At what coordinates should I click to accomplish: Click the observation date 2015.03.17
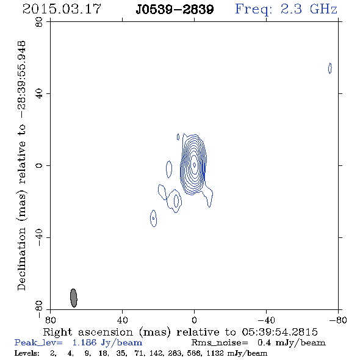62,9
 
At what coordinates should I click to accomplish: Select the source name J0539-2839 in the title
175,9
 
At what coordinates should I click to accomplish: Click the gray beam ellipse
73,298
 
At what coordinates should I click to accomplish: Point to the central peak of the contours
195,165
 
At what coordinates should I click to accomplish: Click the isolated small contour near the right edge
330,68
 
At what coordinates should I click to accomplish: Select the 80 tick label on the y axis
39,22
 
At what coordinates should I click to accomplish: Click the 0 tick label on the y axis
39,165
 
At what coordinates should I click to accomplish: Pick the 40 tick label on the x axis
122,320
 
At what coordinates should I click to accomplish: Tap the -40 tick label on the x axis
266,320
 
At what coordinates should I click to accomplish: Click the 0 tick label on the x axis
194,320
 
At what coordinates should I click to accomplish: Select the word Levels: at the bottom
27,353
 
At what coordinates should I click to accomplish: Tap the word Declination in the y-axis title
21,259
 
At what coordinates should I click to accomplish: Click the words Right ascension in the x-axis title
88,332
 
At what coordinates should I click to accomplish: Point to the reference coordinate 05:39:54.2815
279,332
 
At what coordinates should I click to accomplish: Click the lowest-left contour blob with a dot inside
153,218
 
